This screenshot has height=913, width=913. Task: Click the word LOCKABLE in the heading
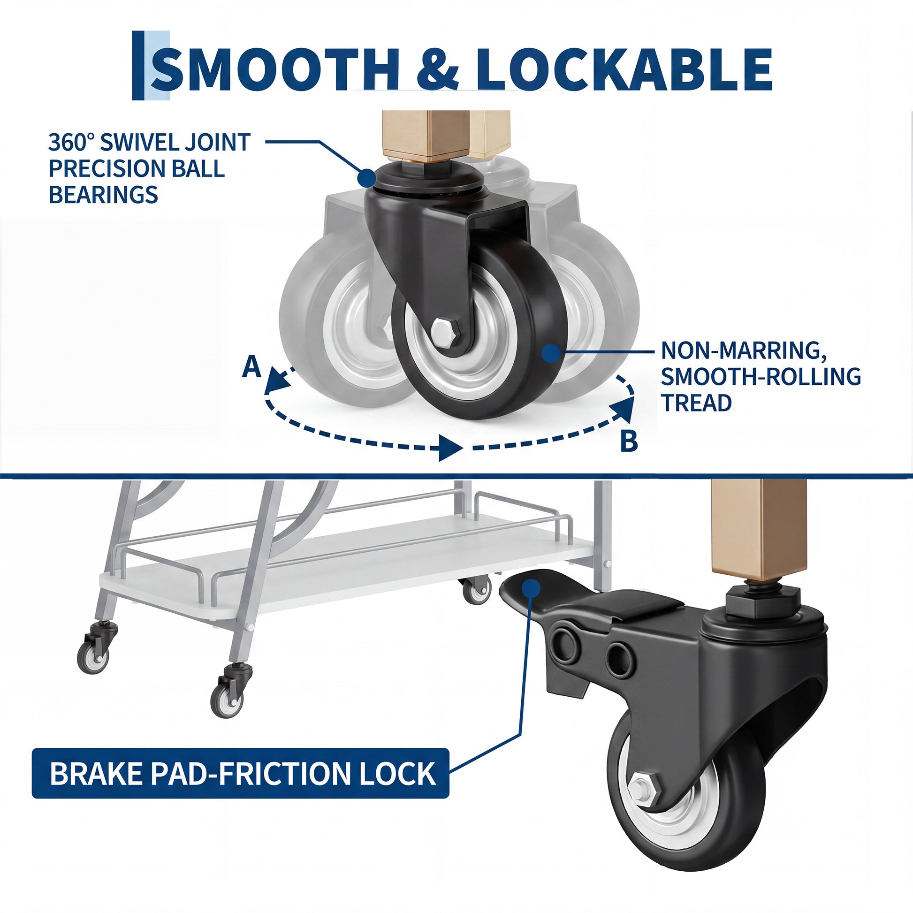pyautogui.click(x=624, y=69)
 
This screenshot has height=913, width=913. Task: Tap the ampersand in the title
pyautogui.click(x=438, y=69)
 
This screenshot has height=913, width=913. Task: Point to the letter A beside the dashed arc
pyautogui.click(x=251, y=367)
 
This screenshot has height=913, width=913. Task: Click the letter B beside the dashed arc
pyautogui.click(x=629, y=441)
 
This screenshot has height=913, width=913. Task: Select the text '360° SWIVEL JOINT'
pyautogui.click(x=149, y=142)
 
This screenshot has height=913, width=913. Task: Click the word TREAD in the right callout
pyautogui.click(x=696, y=403)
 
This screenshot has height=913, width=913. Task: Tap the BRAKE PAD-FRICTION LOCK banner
pyautogui.click(x=241, y=774)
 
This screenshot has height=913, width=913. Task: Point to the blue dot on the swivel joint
pyautogui.click(x=367, y=178)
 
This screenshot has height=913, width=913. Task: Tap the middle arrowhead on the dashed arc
pyautogui.click(x=450, y=447)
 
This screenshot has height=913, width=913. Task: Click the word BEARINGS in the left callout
pyautogui.click(x=104, y=194)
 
